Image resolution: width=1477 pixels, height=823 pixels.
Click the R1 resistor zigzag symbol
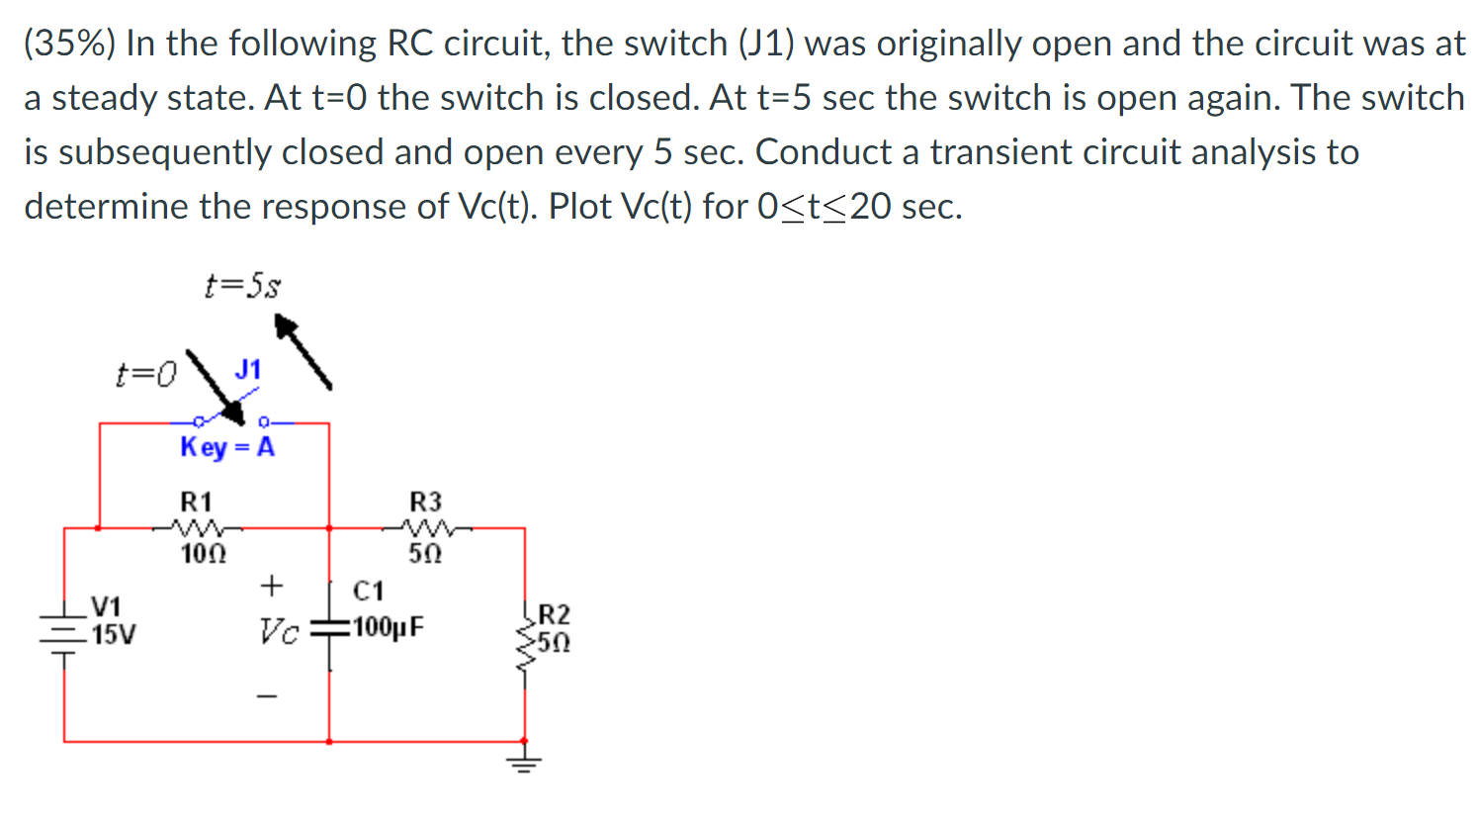[x=197, y=527]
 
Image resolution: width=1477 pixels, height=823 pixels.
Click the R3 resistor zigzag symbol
[x=426, y=527]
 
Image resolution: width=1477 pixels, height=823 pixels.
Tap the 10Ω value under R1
[x=203, y=554]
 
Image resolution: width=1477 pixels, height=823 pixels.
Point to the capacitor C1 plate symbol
[x=329, y=628]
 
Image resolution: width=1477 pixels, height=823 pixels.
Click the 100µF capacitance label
[x=389, y=627]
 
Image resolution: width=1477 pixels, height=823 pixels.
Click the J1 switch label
[x=247, y=370]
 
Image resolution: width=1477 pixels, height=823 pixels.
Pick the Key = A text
[x=227, y=447]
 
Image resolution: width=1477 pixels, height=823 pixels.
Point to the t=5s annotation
[x=242, y=287]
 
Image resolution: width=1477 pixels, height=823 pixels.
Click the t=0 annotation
[x=145, y=374]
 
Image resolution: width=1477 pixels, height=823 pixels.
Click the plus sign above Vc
[x=271, y=586]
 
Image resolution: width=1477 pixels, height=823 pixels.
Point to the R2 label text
[x=554, y=614]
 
